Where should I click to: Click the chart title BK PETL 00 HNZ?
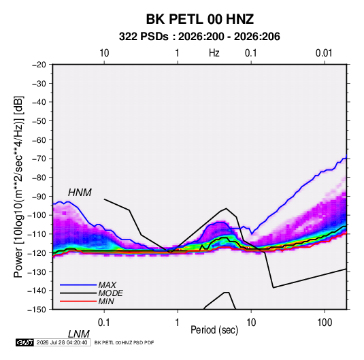click(199, 19)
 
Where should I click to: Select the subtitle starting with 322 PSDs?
click(199, 37)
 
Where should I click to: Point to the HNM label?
click(80, 193)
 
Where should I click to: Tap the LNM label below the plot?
click(78, 334)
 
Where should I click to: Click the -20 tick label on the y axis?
click(39, 65)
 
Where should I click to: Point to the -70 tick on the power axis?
click(39, 159)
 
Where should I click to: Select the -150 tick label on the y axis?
click(37, 310)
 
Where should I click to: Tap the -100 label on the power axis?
click(37, 215)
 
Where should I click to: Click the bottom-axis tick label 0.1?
click(104, 323)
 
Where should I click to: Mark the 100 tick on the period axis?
click(325, 323)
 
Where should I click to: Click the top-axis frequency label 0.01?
click(324, 53)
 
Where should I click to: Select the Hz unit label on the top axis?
click(214, 53)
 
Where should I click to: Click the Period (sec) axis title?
click(214, 330)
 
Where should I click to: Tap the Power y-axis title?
click(18, 186)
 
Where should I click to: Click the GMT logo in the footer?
click(24, 342)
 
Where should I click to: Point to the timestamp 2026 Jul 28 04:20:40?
click(62, 342)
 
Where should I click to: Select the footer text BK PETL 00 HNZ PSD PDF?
click(125, 342)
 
